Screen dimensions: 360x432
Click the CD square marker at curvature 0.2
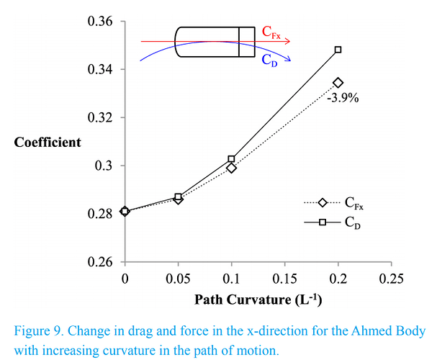click(338, 50)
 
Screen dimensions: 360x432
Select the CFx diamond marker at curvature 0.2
click(338, 83)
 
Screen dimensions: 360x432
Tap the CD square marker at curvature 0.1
click(231, 158)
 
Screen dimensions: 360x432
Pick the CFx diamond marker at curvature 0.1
click(231, 168)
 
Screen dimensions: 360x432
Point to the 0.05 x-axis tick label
click(178, 277)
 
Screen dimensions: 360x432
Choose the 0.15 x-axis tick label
click(284, 277)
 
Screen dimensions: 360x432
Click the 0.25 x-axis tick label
click(391, 277)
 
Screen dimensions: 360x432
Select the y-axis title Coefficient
click(48, 142)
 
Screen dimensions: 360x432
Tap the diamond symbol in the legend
click(322, 203)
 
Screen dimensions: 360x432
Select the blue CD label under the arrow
click(268, 60)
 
